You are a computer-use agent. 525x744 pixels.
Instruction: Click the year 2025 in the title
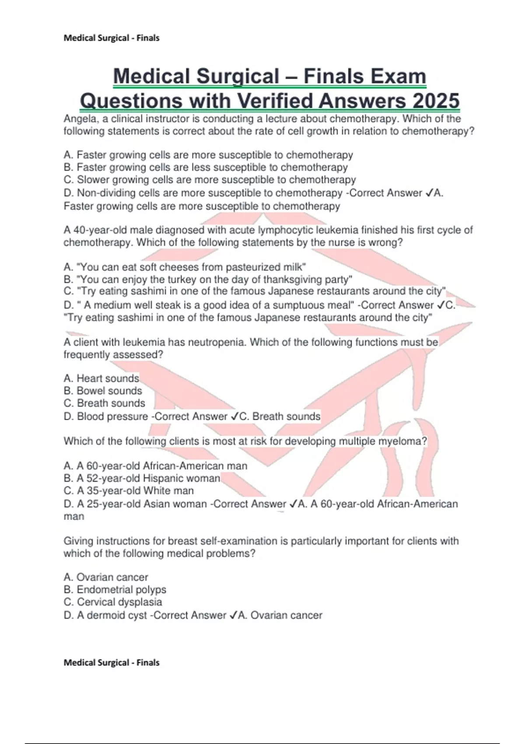(x=435, y=101)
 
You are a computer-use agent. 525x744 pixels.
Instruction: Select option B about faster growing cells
(x=206, y=167)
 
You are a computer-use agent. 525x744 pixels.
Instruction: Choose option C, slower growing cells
(x=210, y=179)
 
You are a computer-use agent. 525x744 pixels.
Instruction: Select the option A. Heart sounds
(x=101, y=378)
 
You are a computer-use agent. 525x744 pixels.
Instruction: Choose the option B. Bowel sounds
(x=103, y=390)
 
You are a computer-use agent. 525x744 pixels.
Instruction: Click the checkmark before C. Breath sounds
(x=234, y=416)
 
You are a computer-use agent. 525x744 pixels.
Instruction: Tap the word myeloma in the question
(x=402, y=441)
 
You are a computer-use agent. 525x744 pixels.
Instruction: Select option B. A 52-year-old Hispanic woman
(x=142, y=478)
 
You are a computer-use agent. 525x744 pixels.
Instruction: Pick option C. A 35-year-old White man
(x=129, y=491)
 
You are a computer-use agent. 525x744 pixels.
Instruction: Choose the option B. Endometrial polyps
(x=115, y=590)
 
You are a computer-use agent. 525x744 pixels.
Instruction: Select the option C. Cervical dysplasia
(x=112, y=602)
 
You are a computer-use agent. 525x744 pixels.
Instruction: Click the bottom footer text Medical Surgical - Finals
(x=112, y=663)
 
